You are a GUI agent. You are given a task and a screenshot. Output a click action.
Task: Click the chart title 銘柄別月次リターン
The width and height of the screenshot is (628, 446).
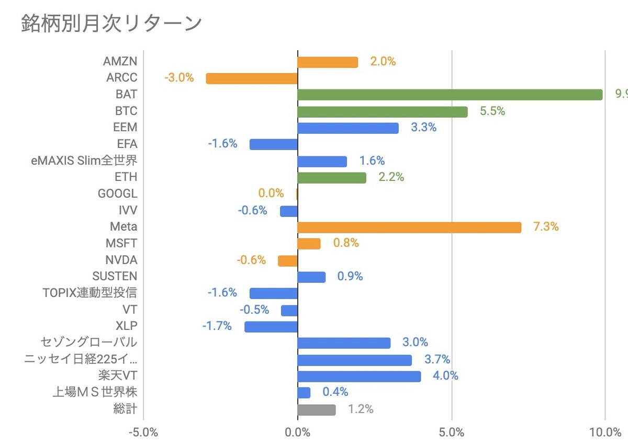[x=111, y=24]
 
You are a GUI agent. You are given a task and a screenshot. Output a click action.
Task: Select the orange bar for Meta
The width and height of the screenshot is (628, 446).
[x=409, y=227]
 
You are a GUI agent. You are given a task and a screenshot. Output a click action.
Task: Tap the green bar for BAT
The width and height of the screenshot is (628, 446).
[x=450, y=95]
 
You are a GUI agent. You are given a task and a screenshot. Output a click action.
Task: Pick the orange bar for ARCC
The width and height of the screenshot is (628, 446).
[x=252, y=78]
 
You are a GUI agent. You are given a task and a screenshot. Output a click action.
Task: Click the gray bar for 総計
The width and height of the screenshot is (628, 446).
[x=316, y=409]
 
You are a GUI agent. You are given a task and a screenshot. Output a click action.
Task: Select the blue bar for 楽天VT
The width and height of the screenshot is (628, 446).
[x=359, y=376]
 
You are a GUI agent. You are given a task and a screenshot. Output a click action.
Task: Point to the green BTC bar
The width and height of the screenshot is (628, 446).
[x=382, y=111]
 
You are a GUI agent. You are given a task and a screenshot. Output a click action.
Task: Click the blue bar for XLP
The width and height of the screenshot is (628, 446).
[x=271, y=327]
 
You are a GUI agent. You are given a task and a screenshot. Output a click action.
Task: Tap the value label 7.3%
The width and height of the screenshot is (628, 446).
[x=546, y=227]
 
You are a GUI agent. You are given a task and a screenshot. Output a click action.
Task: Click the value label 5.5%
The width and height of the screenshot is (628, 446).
[x=492, y=111]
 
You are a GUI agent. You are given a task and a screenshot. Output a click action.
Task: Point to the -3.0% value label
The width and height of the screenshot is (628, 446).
[x=179, y=78]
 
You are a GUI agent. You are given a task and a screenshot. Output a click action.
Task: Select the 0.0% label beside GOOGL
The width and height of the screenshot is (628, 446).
[x=271, y=193]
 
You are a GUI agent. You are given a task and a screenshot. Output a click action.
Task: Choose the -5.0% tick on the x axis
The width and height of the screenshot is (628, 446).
[x=143, y=432]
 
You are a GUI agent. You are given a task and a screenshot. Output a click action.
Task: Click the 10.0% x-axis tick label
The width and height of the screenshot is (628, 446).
[x=605, y=432]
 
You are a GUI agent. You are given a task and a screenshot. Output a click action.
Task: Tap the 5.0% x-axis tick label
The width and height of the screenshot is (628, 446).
[x=451, y=432]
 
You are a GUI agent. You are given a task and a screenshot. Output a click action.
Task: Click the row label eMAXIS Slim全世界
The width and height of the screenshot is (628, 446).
[x=84, y=160]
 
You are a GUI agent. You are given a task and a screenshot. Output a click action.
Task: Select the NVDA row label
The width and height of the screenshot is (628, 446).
[x=121, y=260]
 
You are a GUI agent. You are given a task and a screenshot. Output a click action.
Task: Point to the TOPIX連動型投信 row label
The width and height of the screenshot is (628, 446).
[x=89, y=293]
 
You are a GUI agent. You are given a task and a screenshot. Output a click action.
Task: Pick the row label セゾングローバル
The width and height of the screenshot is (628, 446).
[x=89, y=342]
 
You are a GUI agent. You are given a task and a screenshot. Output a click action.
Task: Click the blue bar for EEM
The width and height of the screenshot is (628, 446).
[x=347, y=128]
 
